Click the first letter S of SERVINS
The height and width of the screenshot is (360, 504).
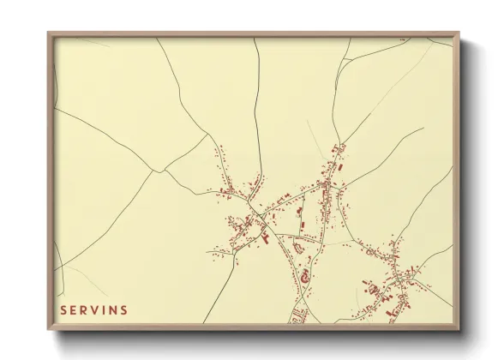pos(63,310)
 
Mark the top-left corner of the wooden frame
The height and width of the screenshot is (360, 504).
pos(47,33)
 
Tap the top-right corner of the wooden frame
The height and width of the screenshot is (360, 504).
pos(459,33)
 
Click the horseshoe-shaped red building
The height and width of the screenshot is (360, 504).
pos(303,275)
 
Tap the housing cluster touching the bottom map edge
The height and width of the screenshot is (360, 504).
pos(298,315)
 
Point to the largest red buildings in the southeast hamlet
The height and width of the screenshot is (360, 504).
pos(374,286)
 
